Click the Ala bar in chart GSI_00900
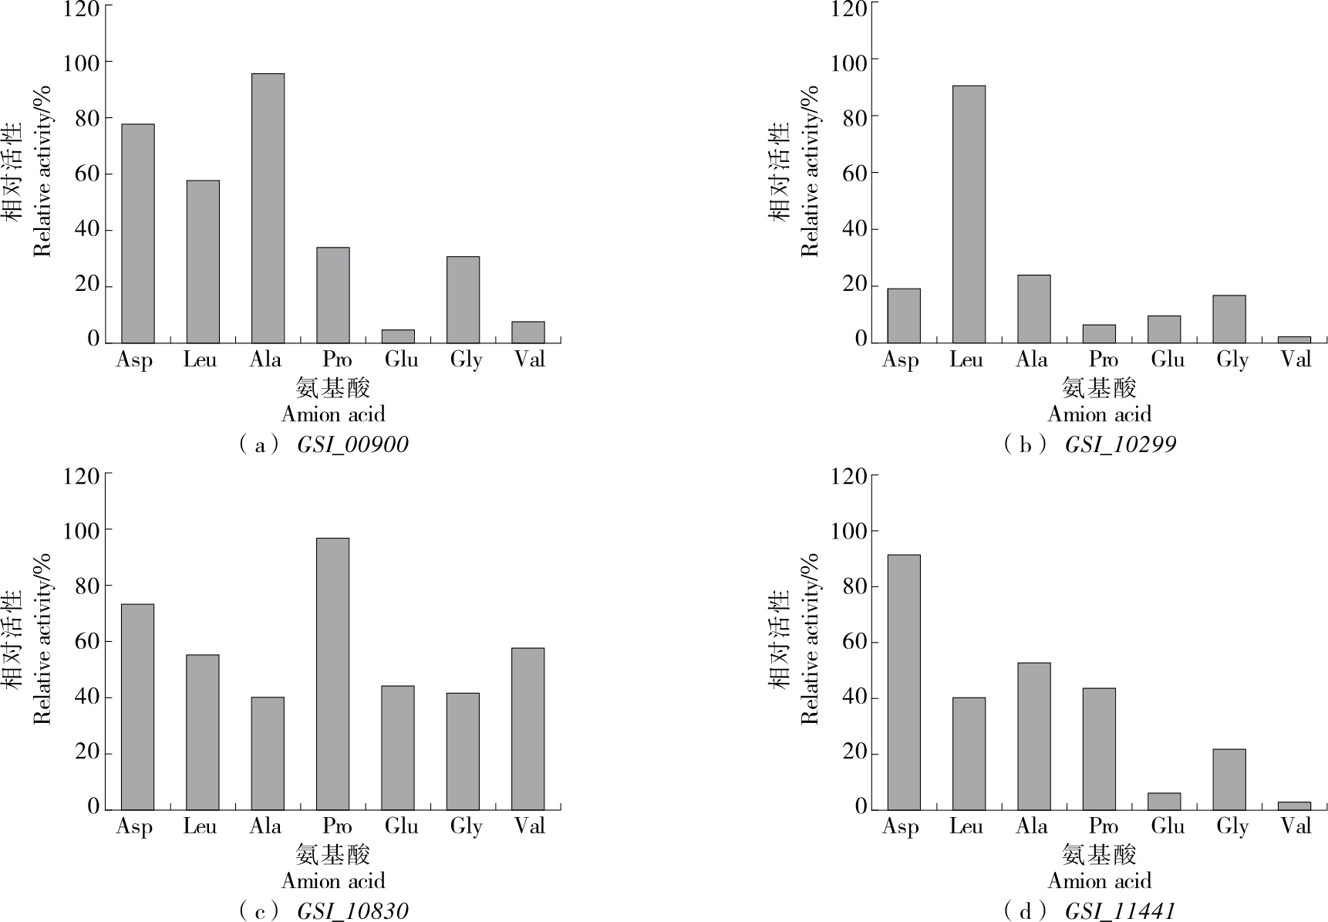(x=268, y=208)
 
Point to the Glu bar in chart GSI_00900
(x=398, y=336)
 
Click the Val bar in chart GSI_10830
(x=527, y=728)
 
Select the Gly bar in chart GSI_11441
(x=1229, y=779)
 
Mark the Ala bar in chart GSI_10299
(x=1033, y=309)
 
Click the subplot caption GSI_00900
(x=352, y=445)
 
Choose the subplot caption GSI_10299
(x=1120, y=445)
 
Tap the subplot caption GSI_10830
(x=352, y=911)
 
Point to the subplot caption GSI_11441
(x=1120, y=911)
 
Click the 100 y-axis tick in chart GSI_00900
(x=81, y=62)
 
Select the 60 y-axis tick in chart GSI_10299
(x=854, y=173)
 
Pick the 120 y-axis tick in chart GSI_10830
(x=81, y=476)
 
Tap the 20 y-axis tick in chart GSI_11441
(x=854, y=752)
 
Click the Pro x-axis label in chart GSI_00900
(x=337, y=360)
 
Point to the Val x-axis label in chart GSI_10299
(x=1296, y=360)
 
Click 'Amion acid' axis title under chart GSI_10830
(x=332, y=881)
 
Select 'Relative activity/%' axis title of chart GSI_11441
(x=809, y=639)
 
